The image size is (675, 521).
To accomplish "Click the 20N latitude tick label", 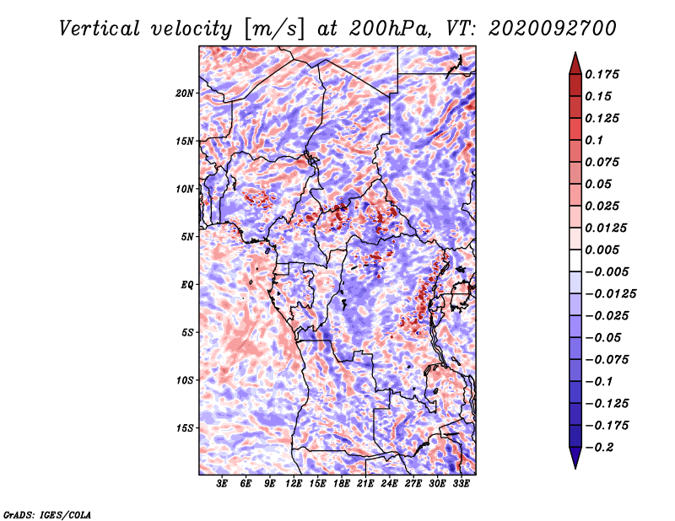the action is (x=184, y=94).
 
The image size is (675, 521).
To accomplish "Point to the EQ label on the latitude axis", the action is (x=187, y=285).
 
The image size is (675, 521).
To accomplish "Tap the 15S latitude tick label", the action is (x=184, y=428).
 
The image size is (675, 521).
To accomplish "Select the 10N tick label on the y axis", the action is (x=184, y=189).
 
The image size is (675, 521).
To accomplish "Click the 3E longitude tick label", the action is (x=222, y=484).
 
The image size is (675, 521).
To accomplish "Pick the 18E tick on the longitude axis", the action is (x=342, y=484).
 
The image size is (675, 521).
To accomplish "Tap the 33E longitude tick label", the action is (x=461, y=484).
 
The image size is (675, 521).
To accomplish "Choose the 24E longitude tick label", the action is (x=389, y=484).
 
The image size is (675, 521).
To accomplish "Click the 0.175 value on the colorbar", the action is (x=602, y=74).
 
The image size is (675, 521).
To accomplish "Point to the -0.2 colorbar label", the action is (x=599, y=448).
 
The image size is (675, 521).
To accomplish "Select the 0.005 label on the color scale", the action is (x=602, y=250).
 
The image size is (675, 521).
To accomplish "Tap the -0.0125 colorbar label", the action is (x=610, y=294).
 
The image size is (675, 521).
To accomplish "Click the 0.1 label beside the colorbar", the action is (x=594, y=140).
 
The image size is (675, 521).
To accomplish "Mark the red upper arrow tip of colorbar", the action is (x=575, y=52).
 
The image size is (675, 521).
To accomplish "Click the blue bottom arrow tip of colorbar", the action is (x=575, y=468).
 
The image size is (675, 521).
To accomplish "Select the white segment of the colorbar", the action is (x=575, y=260).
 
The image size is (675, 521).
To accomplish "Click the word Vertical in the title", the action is (x=100, y=29).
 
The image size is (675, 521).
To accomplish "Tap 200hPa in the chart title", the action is (x=390, y=29).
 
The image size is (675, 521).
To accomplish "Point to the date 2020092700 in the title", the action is (x=553, y=29).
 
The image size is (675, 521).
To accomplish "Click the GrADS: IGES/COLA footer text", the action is (x=47, y=514).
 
